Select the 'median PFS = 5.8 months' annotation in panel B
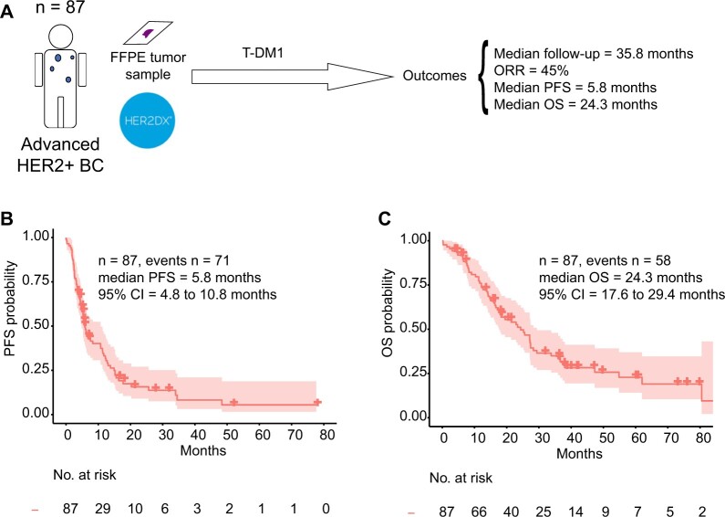[173, 277]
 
